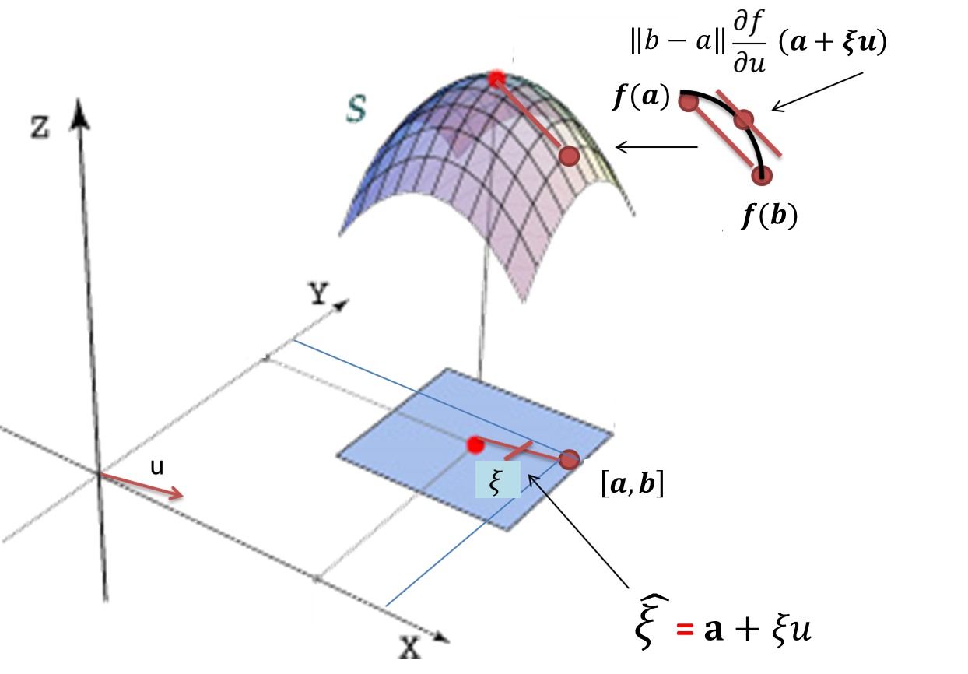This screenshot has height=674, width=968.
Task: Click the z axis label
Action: coord(40,127)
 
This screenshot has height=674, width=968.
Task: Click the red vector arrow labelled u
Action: coord(145,485)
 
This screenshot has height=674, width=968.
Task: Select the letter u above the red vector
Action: coord(157,467)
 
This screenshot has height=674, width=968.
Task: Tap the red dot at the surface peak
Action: coord(496,78)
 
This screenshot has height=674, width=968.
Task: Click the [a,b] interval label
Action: coord(632,487)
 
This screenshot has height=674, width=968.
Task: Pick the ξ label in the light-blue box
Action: coord(493,483)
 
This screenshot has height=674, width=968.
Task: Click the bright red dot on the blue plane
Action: coord(475,445)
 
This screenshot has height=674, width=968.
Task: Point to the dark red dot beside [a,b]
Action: coord(570,459)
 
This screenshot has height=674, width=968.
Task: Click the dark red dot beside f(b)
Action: coord(763,175)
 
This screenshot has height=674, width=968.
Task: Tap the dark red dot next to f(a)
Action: coord(687,102)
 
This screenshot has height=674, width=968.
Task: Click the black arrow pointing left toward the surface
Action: coord(655,146)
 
